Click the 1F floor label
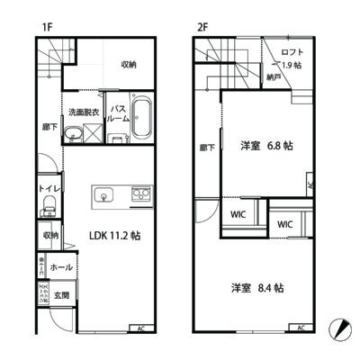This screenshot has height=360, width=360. pyautogui.click(x=45, y=28)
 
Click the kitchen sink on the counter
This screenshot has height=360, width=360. pyautogui.click(x=103, y=193)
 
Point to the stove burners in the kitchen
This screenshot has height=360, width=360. pyautogui.click(x=141, y=193)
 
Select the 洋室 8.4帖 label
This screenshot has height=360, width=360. pyautogui.click(x=257, y=288)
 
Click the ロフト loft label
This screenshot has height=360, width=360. pyautogui.click(x=290, y=51)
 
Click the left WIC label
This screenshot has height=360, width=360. pyautogui.click(x=238, y=215)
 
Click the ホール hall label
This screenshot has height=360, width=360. pyautogui.click(x=61, y=267)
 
